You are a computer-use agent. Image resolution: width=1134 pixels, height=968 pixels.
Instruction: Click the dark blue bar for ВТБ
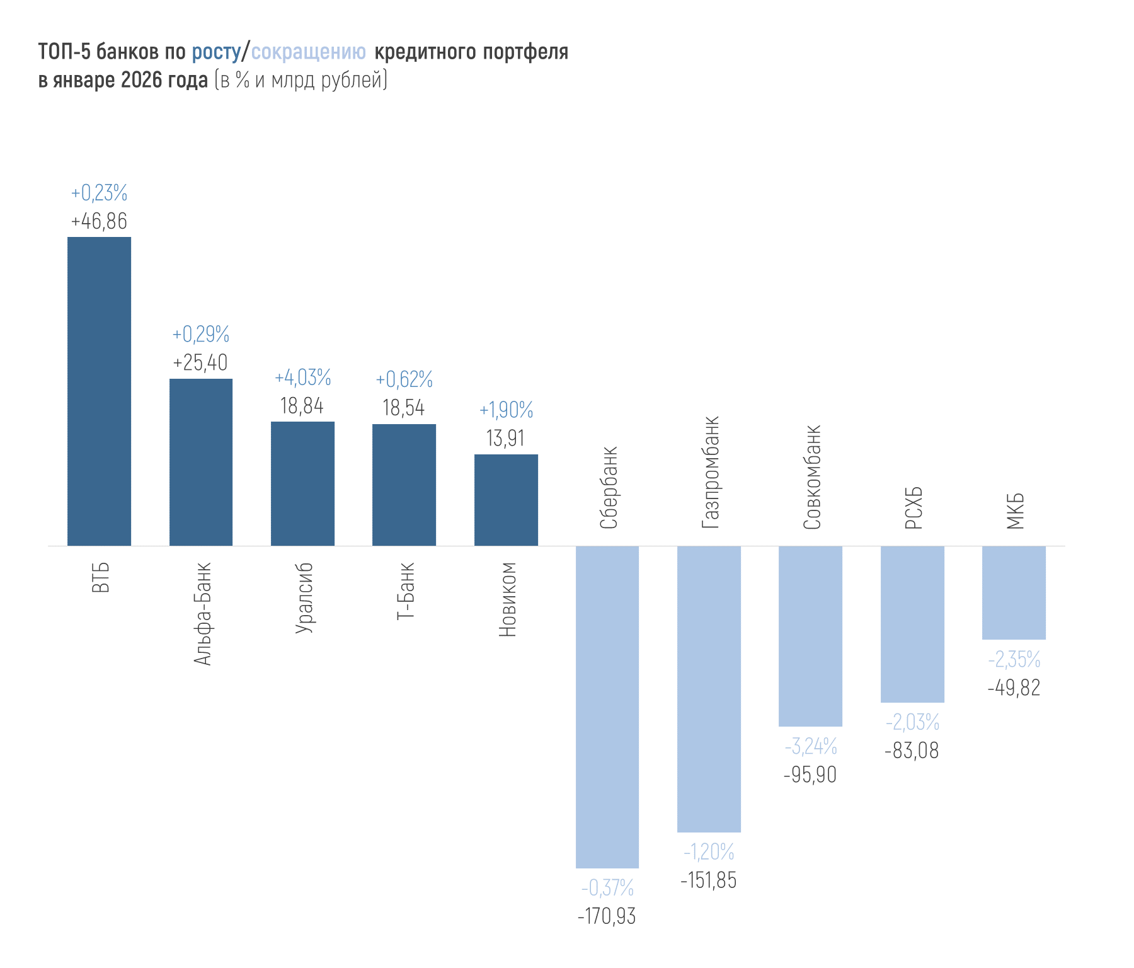click(99, 391)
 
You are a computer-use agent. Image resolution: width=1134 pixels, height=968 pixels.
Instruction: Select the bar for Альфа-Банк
click(201, 462)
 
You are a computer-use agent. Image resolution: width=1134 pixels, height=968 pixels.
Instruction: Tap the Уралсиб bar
click(302, 483)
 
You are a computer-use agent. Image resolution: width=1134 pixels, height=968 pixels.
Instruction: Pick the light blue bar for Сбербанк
click(607, 706)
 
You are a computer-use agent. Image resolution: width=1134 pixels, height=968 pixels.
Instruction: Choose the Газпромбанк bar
click(709, 689)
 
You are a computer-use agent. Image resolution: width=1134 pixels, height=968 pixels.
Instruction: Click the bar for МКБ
click(1014, 592)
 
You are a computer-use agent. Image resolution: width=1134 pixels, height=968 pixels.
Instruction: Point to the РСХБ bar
click(912, 624)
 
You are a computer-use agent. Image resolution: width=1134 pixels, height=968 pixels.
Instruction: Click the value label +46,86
click(99, 221)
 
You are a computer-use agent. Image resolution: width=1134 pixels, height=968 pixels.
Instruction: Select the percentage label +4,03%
click(302, 377)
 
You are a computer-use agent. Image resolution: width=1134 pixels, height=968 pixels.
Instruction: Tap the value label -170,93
click(607, 916)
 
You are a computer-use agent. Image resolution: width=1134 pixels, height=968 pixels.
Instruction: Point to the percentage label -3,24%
click(811, 747)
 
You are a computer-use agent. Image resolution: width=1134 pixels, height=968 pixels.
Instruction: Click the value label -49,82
click(1014, 688)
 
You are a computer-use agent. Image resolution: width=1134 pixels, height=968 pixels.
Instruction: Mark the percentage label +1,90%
click(506, 410)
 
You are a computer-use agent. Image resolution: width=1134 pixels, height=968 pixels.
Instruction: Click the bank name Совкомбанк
click(812, 477)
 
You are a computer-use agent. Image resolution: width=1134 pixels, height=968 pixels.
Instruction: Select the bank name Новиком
click(507, 599)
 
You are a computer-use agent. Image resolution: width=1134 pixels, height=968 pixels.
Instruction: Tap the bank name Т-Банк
click(406, 591)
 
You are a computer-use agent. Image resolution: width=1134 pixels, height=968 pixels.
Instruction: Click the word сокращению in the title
click(308, 52)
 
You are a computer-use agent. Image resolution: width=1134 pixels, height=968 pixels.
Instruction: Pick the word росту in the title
click(216, 52)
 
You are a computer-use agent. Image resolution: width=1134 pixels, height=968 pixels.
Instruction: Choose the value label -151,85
click(709, 880)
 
